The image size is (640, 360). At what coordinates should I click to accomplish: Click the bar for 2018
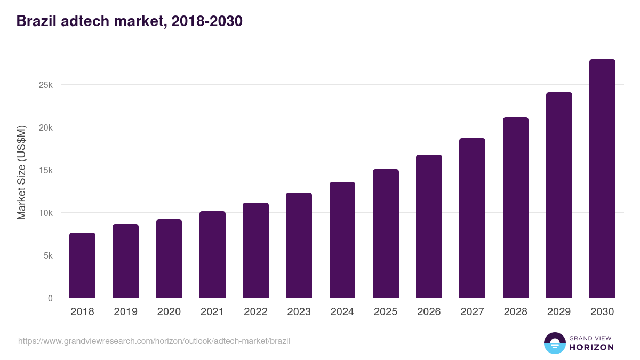[82, 265]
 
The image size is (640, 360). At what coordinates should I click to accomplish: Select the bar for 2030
[602, 179]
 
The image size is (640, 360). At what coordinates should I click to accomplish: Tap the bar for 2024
[342, 240]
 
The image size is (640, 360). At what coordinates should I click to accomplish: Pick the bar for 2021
[212, 254]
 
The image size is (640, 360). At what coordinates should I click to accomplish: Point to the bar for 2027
[472, 218]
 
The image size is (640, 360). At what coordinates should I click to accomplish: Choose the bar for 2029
[559, 195]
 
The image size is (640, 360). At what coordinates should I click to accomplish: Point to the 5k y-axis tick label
[48, 255]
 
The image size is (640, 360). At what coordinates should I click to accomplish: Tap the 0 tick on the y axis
[50, 298]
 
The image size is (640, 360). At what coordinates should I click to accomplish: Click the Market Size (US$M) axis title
[21, 172]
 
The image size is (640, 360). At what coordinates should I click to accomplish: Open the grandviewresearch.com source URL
[154, 341]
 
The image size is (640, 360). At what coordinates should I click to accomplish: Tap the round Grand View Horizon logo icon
[554, 343]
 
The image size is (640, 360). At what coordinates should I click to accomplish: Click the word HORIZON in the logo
[591, 347]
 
